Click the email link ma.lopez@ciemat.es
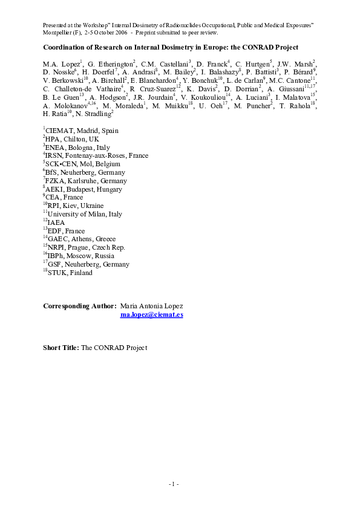[x=152, y=315]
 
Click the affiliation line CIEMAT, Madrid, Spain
[x=82, y=131]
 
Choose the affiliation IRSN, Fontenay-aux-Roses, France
[x=97, y=155]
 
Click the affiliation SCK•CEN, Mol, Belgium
[x=83, y=164]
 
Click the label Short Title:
[x=61, y=348]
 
